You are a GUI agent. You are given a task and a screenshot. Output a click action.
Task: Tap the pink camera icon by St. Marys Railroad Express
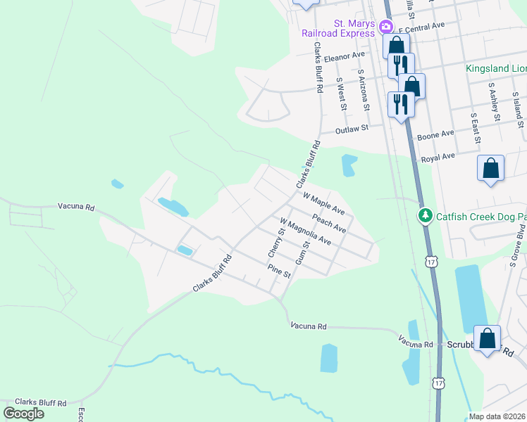point(385,27)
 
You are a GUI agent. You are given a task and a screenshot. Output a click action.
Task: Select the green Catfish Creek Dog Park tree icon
point(424,215)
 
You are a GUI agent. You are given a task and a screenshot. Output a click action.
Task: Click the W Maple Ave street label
point(323,201)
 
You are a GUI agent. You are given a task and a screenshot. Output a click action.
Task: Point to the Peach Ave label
point(329,222)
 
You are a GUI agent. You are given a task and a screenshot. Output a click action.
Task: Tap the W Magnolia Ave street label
point(306,231)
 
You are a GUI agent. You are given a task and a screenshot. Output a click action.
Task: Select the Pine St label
point(279,271)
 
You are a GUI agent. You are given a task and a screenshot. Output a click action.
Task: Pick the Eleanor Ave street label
point(345,55)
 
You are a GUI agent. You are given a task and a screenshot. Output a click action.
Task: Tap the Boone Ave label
point(435,134)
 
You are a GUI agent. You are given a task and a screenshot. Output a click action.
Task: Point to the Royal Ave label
point(438,158)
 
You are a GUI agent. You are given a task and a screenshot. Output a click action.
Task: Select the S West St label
point(341,94)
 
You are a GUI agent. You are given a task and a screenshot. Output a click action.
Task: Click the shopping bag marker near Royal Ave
point(490,170)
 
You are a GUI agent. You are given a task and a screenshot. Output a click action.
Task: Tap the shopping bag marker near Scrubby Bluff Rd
point(487,340)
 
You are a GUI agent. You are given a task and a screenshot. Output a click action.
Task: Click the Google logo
point(23,414)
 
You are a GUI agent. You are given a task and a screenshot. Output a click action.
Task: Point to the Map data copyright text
point(497,416)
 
